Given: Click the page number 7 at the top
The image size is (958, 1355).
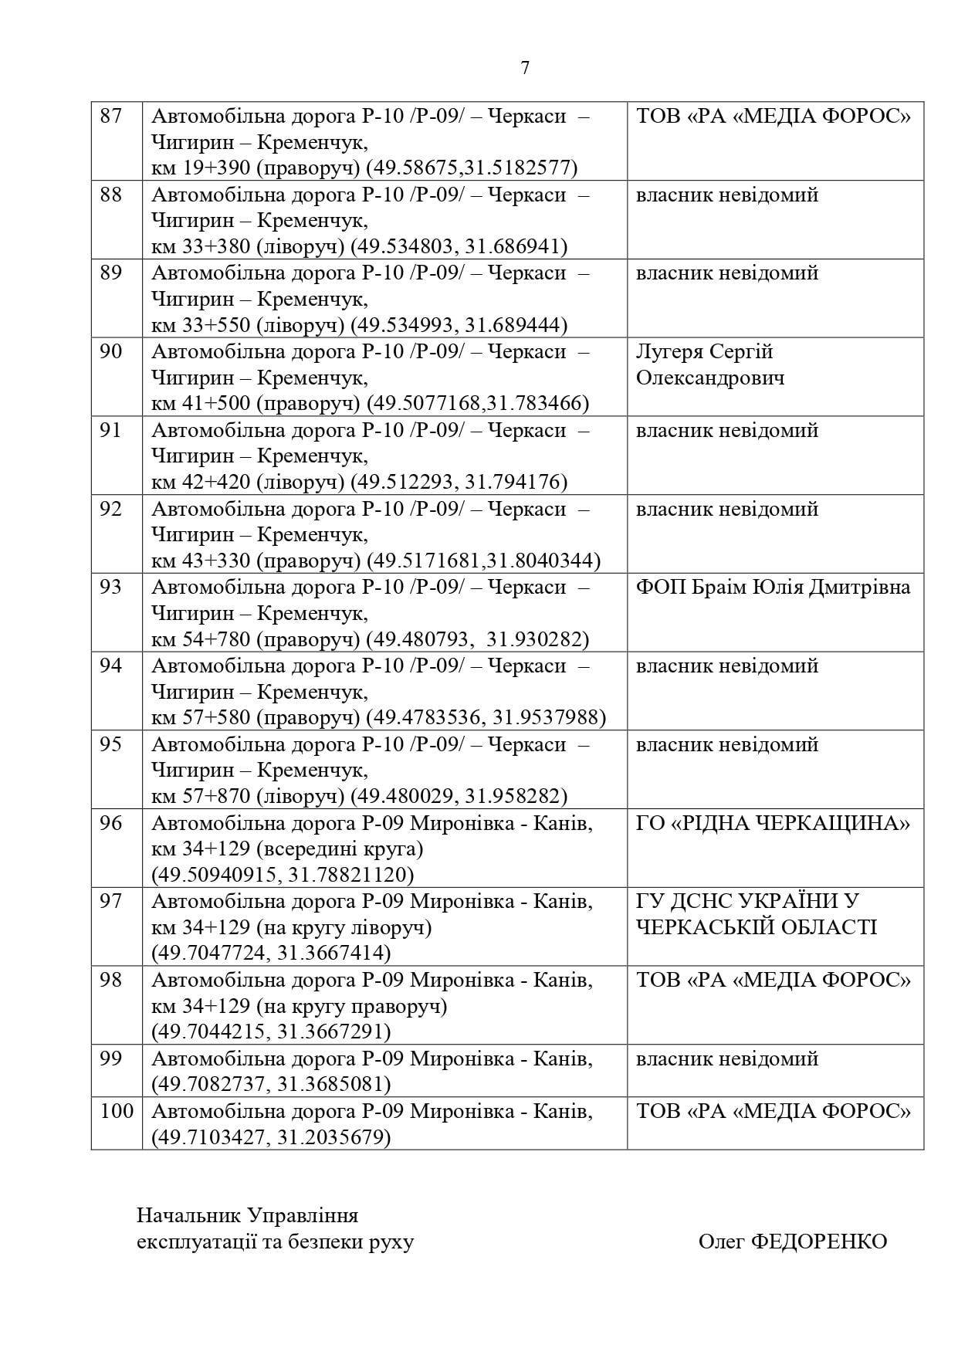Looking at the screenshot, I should [525, 68].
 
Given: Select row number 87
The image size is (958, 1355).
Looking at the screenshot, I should [112, 116].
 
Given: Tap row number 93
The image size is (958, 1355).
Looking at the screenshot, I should [112, 588].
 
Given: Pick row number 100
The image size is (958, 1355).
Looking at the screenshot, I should [117, 1111].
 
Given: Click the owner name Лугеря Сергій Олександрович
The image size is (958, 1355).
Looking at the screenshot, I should [709, 365].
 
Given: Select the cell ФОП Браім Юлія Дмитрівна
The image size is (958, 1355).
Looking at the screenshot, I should [773, 588].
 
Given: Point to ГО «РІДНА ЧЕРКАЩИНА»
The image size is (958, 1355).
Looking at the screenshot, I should [773, 824].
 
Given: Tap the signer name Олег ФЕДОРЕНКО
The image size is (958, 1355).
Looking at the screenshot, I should [793, 1242].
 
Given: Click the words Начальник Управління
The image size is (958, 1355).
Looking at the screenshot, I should [248, 1215].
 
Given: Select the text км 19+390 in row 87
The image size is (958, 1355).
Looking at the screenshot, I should [201, 168].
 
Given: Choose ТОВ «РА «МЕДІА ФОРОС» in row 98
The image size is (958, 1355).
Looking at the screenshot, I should [773, 981].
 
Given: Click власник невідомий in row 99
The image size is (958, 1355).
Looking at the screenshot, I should [726, 1059].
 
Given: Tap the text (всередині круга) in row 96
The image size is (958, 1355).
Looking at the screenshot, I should [340, 849].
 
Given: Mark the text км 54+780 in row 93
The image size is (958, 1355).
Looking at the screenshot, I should [201, 639].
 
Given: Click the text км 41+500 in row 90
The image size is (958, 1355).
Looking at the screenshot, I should [201, 404].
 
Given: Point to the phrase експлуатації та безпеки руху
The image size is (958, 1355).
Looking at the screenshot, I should [275, 1242].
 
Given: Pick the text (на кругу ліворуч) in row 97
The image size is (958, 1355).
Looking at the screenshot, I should [344, 927].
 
